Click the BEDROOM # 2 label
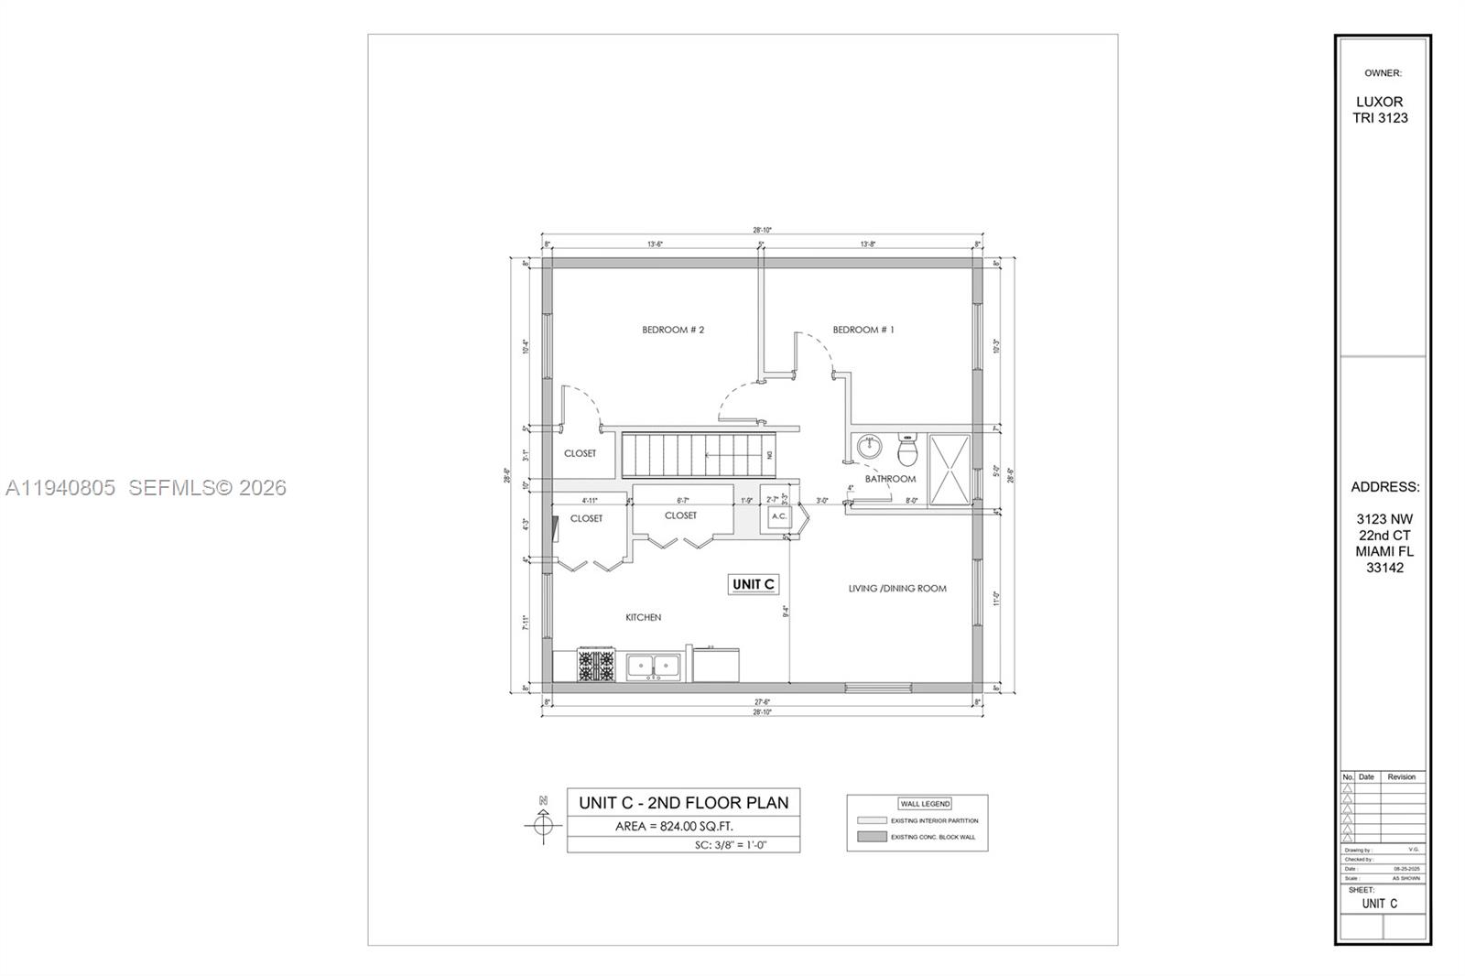[672, 330]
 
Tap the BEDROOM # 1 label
[863, 330]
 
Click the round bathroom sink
[868, 448]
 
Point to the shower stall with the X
[950, 469]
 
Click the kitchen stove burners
[595, 665]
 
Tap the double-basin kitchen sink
[654, 666]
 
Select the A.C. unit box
[778, 516]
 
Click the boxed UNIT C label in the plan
[754, 584]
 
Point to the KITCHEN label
[643, 617]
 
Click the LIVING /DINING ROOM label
[896, 589]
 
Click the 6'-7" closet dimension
[682, 501]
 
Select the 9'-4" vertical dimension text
[786, 611]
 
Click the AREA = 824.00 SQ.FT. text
[674, 827]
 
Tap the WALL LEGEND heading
[925, 804]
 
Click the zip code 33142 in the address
[1384, 568]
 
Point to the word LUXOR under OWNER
[1380, 102]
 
